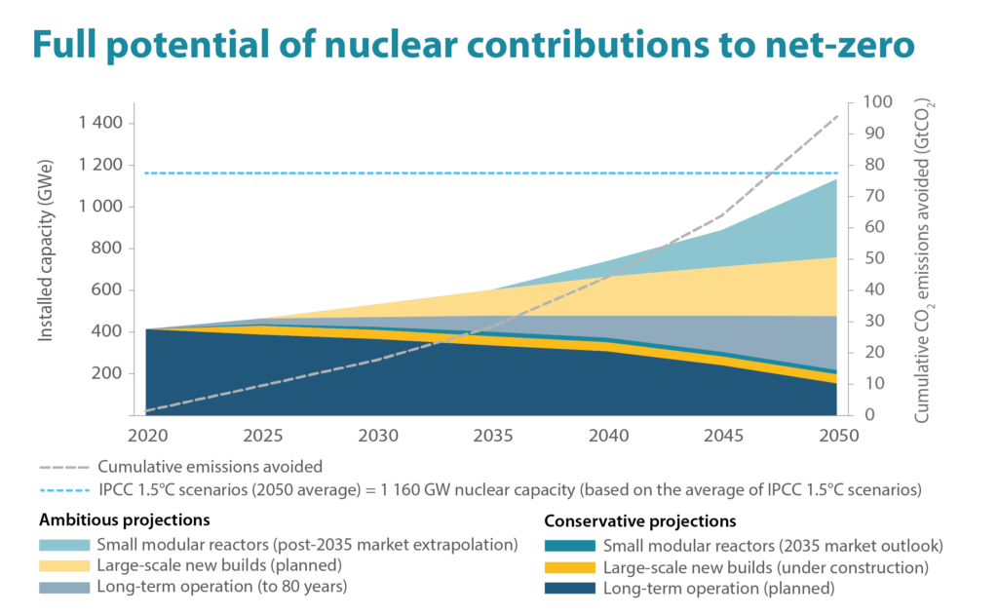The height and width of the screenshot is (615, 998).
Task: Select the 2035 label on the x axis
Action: [x=491, y=431]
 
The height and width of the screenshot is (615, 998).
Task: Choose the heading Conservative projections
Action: [x=639, y=520]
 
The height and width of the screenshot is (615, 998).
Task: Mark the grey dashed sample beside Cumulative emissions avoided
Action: [x=63, y=467]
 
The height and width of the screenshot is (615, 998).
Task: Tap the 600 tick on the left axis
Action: [x=104, y=289]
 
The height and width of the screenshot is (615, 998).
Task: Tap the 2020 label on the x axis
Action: [x=144, y=431]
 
